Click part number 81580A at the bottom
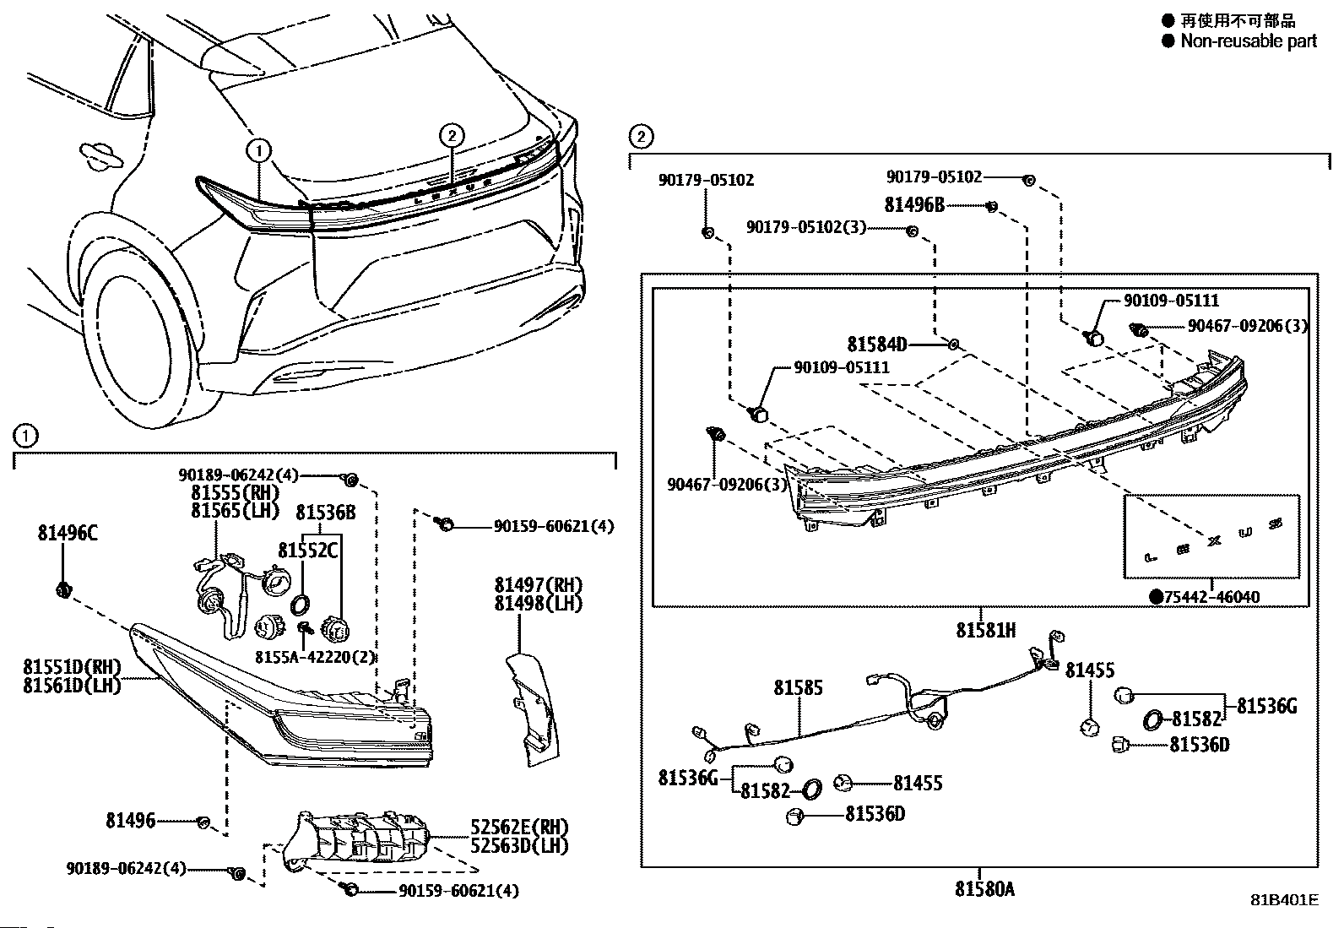985,889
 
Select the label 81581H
985,630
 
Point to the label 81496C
68,533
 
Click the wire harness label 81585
798,688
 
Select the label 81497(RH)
539,585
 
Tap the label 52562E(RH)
519,828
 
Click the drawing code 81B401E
1284,900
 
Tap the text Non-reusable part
1248,41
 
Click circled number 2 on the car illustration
452,135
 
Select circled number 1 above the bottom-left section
26,436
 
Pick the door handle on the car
99,157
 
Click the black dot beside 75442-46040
1156,597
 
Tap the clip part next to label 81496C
62,590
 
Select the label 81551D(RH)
72,667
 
